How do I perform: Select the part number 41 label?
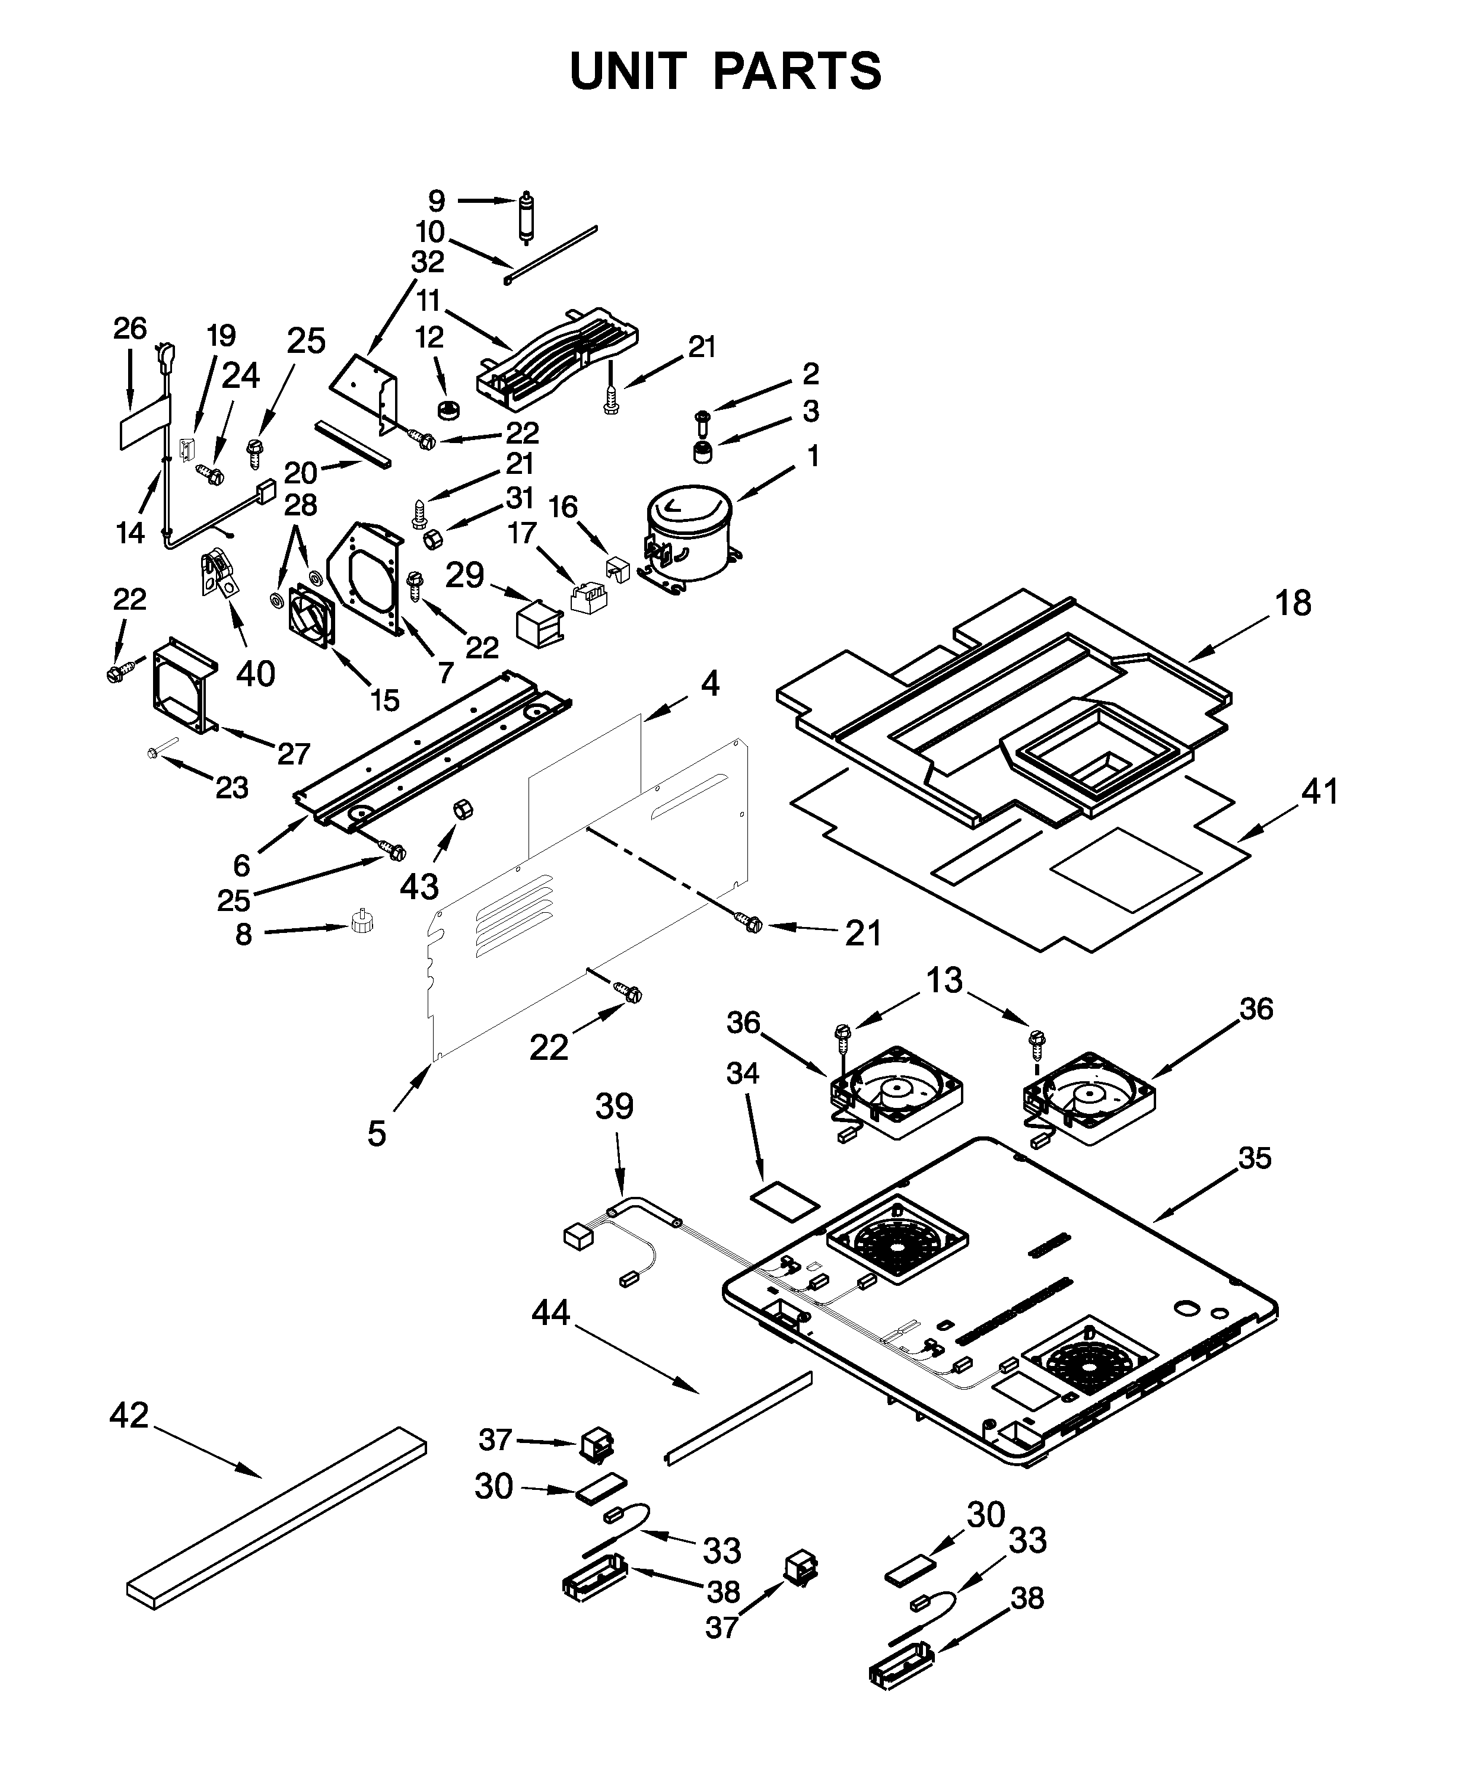[x=1319, y=792]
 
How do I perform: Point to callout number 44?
[x=551, y=1313]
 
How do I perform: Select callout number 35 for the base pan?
[x=1254, y=1158]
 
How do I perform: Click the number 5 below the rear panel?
[x=376, y=1134]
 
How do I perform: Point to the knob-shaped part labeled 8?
[x=361, y=922]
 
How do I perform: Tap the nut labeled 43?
[x=463, y=810]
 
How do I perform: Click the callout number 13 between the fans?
[x=944, y=980]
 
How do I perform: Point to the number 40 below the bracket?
[x=255, y=673]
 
